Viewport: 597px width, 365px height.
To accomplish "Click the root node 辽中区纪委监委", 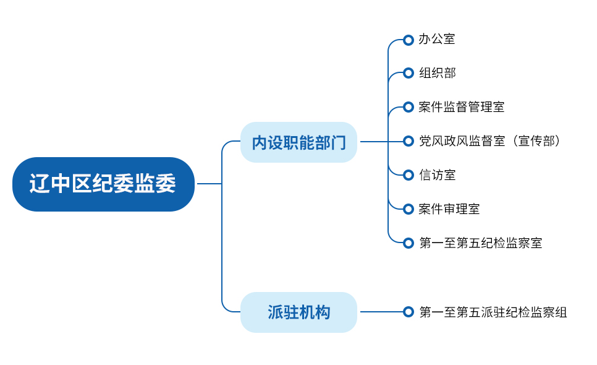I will tap(103, 184).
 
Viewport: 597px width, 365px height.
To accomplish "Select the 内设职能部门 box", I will tap(298, 142).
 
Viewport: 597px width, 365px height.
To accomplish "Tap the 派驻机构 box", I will tap(298, 312).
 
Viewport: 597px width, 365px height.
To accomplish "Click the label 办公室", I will tap(437, 40).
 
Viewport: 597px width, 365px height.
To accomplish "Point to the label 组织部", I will tap(437, 73).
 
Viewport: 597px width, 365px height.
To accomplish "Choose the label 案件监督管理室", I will tap(461, 107).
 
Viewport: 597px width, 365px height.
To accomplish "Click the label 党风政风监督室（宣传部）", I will tap(491, 141).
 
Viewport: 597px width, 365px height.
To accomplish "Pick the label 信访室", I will tap(437, 175).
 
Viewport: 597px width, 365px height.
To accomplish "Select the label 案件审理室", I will tap(449, 209).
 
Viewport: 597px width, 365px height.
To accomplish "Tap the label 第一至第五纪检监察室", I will tap(480, 243).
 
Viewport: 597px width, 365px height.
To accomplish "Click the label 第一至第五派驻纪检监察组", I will tap(493, 312).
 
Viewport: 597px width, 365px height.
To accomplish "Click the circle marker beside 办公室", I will tap(408, 40).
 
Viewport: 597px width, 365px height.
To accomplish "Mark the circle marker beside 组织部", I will tap(408, 73).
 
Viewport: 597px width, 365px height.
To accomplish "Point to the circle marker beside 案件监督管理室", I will tap(408, 107).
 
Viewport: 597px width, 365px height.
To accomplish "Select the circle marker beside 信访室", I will tap(408, 175).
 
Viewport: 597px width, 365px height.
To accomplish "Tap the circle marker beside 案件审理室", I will tap(408, 209).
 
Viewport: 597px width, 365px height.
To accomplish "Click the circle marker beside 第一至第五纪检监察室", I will tap(408, 243).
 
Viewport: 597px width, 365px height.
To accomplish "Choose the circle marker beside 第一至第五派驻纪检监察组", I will tap(408, 312).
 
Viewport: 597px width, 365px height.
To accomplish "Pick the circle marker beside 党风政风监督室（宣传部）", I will tap(408, 141).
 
